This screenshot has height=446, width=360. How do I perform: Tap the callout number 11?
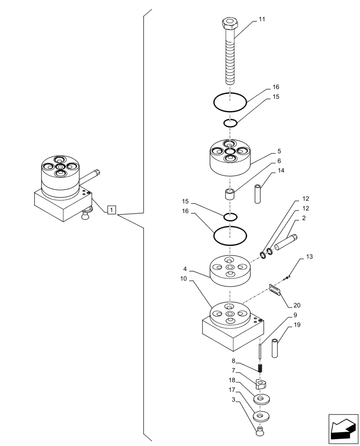pyautogui.click(x=262, y=20)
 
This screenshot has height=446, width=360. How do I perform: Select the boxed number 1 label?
pyautogui.click(x=112, y=209)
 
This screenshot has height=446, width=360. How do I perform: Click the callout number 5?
pyautogui.click(x=279, y=151)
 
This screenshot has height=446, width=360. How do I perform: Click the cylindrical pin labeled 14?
pyautogui.click(x=258, y=194)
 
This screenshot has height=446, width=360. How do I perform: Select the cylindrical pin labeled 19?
pyautogui.click(x=275, y=348)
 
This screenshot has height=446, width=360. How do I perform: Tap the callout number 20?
pyautogui.click(x=297, y=306)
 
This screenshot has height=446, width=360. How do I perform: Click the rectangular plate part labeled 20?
pyautogui.click(x=274, y=289)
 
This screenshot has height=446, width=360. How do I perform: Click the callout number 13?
pyautogui.click(x=309, y=257)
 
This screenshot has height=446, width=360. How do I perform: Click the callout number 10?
pyautogui.click(x=184, y=279)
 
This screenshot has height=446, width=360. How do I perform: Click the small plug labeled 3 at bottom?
pyautogui.click(x=259, y=430)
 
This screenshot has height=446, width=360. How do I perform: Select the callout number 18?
pyautogui.click(x=232, y=380)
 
